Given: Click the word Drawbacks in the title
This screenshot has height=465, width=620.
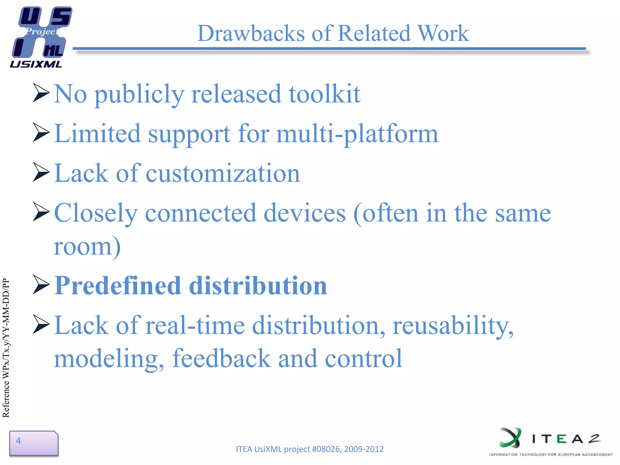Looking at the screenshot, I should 251,33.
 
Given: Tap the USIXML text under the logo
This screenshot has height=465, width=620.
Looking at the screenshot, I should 36,64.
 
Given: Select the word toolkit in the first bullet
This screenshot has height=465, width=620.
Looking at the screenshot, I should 325,94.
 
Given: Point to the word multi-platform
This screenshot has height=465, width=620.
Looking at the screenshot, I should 357,134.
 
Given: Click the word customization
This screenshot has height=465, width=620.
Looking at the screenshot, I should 223,173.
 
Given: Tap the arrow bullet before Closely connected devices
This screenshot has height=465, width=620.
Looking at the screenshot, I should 41,212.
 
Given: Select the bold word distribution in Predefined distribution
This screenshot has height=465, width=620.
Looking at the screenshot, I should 258,285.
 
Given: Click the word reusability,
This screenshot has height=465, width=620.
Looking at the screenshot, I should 453,326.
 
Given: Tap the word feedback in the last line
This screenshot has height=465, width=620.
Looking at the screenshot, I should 222,358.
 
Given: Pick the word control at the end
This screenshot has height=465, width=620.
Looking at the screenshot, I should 363,358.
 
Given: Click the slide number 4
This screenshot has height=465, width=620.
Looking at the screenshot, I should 18,440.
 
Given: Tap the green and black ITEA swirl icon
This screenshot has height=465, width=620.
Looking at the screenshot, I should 511,437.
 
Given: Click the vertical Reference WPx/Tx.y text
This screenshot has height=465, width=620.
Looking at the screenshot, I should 6,348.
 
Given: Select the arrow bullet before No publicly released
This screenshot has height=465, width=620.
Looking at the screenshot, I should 41,93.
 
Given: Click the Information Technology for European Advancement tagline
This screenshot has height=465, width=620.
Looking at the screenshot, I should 551,454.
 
